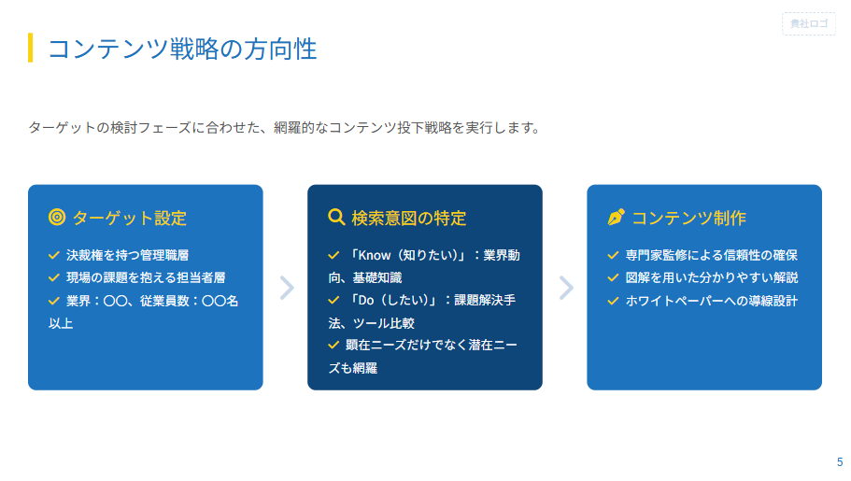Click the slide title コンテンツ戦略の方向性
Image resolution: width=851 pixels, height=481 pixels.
[x=182, y=49]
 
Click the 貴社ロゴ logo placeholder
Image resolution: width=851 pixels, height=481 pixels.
[x=808, y=24]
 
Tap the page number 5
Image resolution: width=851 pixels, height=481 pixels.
[x=839, y=461]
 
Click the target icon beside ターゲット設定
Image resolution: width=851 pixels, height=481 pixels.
[x=56, y=218]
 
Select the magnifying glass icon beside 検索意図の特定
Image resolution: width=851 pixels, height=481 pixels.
[x=336, y=218]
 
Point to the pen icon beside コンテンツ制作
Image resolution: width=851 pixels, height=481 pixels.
[x=616, y=218]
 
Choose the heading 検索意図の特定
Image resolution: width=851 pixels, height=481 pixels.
[x=408, y=218]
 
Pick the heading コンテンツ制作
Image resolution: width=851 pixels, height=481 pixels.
[x=688, y=218]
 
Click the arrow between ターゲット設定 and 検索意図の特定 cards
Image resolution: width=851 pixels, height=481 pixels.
[x=286, y=288]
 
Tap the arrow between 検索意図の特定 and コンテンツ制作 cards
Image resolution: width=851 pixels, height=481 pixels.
[x=565, y=288]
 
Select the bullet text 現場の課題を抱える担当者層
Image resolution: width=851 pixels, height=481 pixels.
[x=146, y=277]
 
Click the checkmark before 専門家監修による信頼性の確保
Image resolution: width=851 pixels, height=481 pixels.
[x=613, y=255]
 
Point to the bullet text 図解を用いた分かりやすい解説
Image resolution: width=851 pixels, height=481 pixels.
[x=711, y=277]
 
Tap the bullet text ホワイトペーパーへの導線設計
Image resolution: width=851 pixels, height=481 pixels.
[x=711, y=301]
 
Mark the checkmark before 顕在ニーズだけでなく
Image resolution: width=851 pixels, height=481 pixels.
[x=333, y=345]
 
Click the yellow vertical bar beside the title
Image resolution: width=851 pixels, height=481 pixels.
[x=31, y=48]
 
